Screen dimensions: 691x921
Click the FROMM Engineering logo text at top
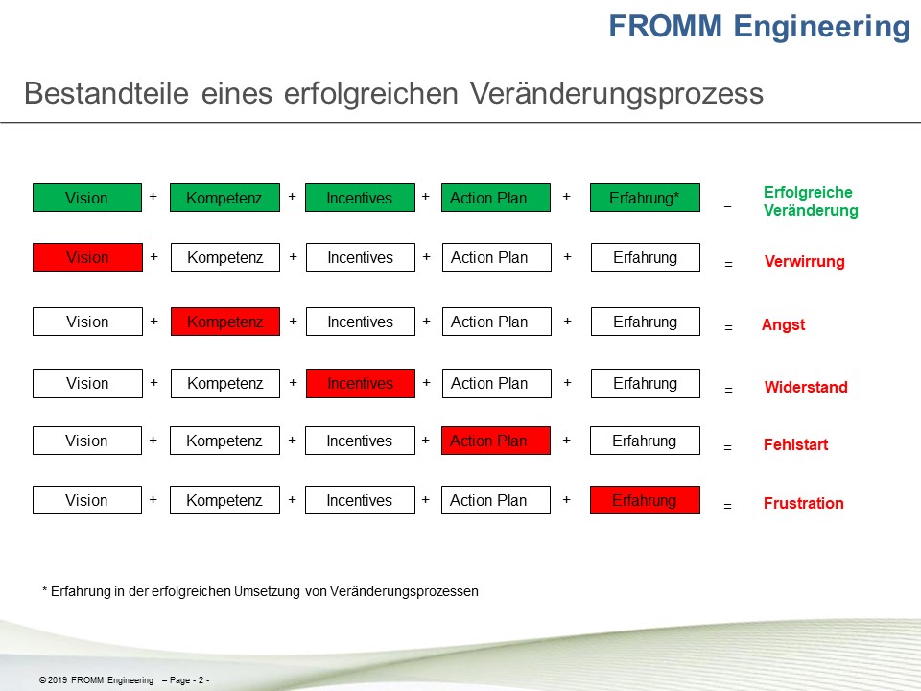[x=759, y=27]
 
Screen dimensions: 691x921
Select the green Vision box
[x=87, y=198]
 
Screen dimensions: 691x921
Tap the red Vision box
[x=87, y=257]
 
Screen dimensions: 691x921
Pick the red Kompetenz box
[x=225, y=322]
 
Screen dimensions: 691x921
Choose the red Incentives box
[x=360, y=383]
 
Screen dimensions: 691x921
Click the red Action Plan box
[x=496, y=441]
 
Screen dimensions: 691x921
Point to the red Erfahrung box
[x=645, y=500]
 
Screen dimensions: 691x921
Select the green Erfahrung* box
[x=645, y=198]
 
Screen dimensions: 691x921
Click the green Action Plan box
[x=496, y=198]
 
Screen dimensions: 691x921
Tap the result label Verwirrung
[x=804, y=262]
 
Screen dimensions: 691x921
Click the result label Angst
[x=783, y=325]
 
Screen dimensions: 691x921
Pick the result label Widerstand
[x=806, y=388]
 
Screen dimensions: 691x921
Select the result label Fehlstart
[x=795, y=445]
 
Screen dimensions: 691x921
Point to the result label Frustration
[x=803, y=503]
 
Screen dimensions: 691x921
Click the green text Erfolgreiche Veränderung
[x=810, y=202]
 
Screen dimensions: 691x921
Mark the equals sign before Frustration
[x=727, y=506]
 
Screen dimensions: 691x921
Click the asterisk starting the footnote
[x=44, y=591]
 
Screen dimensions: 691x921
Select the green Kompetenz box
[x=224, y=198]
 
